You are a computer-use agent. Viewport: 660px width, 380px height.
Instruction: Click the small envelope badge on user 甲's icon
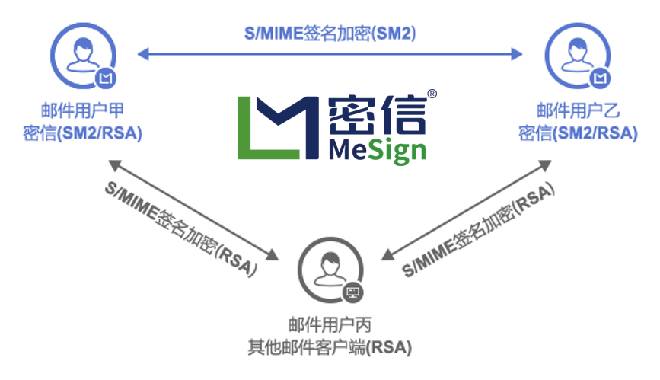[x=106, y=78]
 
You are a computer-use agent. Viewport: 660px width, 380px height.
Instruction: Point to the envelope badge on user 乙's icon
[x=601, y=78]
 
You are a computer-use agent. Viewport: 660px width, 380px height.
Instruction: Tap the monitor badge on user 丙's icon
[x=353, y=292]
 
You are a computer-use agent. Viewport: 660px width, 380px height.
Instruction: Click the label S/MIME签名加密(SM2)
[x=330, y=34]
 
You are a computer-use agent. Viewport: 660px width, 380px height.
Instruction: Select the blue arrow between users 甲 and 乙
[x=330, y=54]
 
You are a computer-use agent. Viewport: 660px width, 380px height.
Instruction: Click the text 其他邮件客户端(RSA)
[x=330, y=348]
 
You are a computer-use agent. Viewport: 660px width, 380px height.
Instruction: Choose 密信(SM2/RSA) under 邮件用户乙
[x=578, y=133]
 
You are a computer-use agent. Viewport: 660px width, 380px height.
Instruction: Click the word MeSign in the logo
[x=378, y=149]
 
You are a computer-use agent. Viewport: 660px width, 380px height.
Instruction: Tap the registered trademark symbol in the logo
[x=432, y=94]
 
